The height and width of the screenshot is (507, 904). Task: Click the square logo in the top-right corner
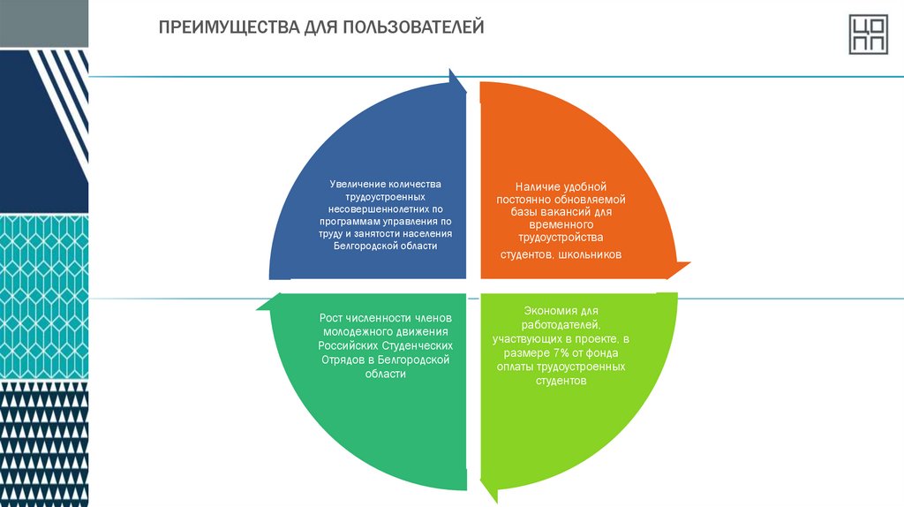click(x=868, y=34)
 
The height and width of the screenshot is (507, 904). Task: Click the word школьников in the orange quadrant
click(x=591, y=254)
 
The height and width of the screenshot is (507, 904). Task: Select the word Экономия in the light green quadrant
click(x=548, y=311)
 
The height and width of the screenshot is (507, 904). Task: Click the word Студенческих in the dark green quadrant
click(x=420, y=345)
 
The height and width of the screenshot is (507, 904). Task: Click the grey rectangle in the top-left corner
click(x=44, y=23)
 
